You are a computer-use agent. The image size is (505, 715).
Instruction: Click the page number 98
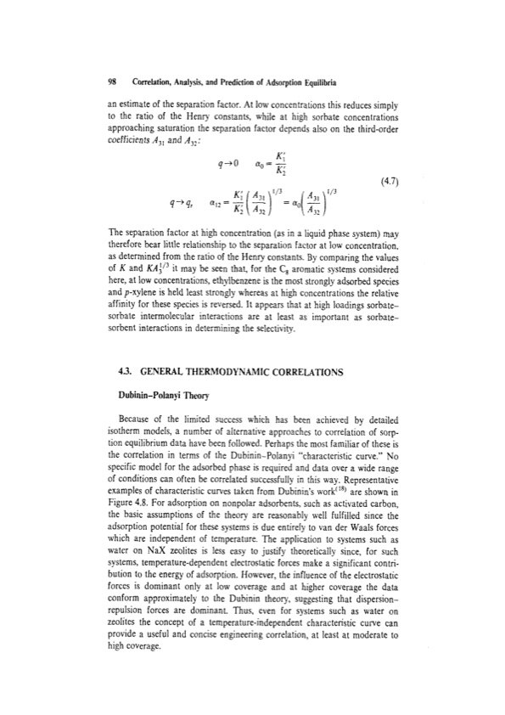[88, 85]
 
